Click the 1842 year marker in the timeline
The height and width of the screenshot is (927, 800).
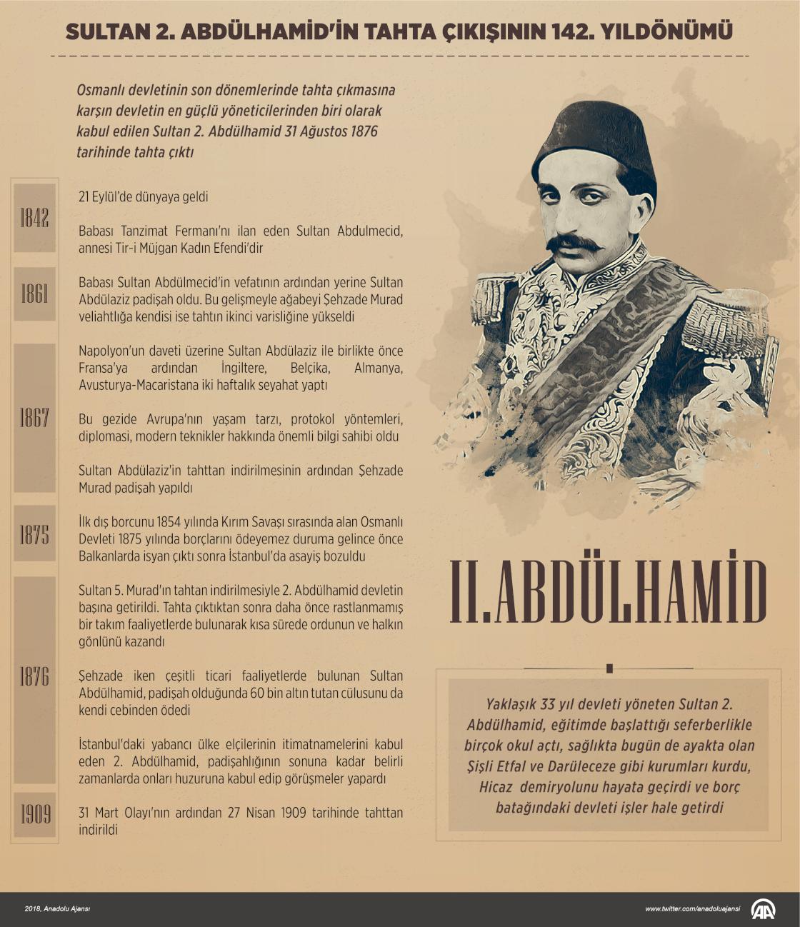(34, 218)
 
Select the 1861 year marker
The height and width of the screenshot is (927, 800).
(34, 294)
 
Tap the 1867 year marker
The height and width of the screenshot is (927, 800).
(34, 418)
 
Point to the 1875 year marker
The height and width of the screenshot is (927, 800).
(34, 534)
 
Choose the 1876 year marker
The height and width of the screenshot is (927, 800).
(34, 676)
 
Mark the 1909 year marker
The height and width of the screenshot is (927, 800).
(34, 814)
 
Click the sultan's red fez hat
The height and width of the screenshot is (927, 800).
(594, 140)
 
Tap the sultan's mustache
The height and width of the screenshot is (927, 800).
(574, 243)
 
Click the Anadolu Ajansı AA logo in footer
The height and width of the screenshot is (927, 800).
(764, 909)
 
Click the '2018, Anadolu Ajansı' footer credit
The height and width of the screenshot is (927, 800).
(57, 909)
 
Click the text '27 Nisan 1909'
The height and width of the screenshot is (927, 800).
(274, 813)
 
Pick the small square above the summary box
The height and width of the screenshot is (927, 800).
(609, 669)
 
